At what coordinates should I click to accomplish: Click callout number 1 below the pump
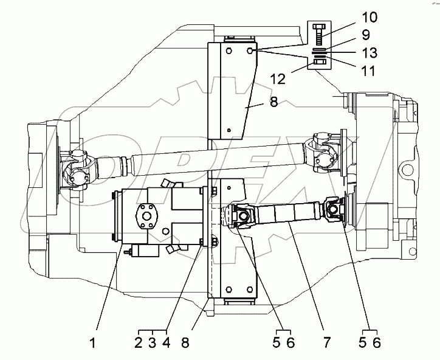point(93,342)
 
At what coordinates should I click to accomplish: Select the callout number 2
point(139,342)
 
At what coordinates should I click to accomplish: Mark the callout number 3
point(151,342)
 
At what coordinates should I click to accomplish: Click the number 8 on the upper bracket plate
point(273,103)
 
